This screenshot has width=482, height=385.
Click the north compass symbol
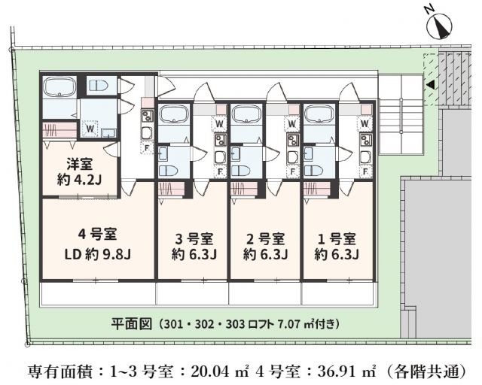click(438, 26)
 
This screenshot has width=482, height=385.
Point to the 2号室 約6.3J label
click(265, 246)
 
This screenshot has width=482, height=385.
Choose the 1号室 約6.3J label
click(336, 246)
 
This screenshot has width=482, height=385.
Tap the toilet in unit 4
click(98, 85)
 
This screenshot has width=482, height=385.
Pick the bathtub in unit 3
click(175, 115)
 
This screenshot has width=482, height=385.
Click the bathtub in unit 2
click(246, 115)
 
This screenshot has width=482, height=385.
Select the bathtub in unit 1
click(319, 115)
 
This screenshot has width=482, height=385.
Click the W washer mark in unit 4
click(89, 129)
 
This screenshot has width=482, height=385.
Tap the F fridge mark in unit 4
click(147, 147)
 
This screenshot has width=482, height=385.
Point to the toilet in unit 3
click(167, 170)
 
